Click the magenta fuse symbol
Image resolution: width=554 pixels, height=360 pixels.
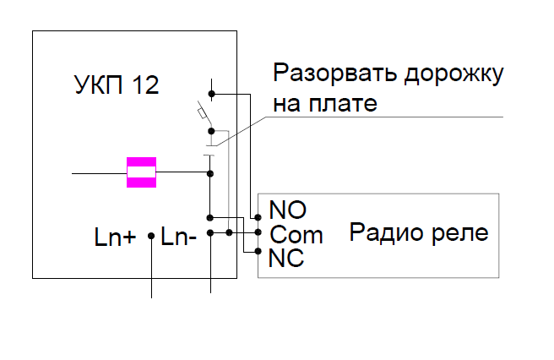(x=140, y=172)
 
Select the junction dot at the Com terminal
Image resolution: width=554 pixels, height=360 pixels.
(x=258, y=232)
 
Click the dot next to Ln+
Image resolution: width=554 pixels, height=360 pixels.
(x=151, y=237)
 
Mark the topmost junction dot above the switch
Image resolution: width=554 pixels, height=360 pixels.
(x=210, y=93)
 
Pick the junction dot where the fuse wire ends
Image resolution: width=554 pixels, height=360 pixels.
(x=210, y=173)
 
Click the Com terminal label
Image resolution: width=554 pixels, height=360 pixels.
(x=296, y=233)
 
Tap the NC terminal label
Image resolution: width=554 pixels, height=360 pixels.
(x=286, y=258)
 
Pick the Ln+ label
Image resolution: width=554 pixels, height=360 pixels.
(x=115, y=237)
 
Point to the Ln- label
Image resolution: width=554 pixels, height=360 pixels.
(x=179, y=237)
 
